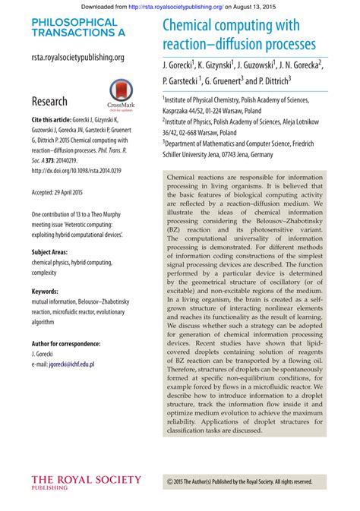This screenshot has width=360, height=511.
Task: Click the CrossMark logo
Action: click(122, 96)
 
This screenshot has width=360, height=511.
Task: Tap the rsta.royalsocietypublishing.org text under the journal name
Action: click(78, 57)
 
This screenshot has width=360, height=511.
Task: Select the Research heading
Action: click(49, 101)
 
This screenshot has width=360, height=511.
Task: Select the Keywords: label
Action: click(48, 291)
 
